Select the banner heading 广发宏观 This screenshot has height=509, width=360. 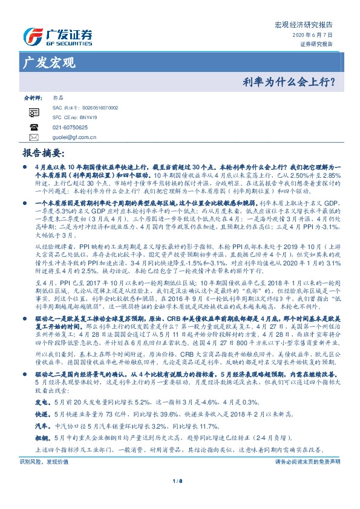pos(49,62)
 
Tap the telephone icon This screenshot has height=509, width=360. pos(33,128)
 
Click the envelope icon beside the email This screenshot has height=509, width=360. pos(33,138)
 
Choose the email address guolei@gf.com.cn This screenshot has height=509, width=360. pos(75,138)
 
